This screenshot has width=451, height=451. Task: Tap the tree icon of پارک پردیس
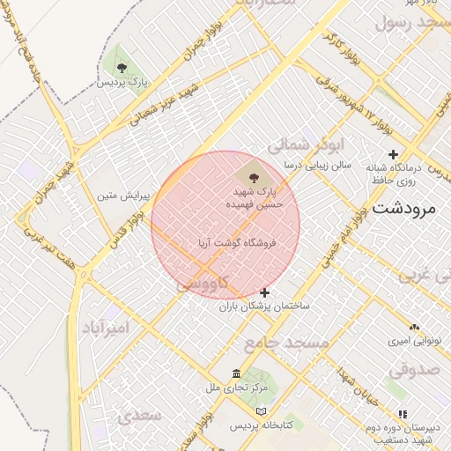click(x=122, y=67)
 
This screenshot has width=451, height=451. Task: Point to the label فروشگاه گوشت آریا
click(x=237, y=240)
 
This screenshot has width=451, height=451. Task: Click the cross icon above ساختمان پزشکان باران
click(x=264, y=292)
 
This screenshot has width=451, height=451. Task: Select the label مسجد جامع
click(x=286, y=341)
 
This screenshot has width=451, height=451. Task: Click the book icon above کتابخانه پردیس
click(x=259, y=411)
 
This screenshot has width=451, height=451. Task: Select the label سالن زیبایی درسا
click(x=317, y=165)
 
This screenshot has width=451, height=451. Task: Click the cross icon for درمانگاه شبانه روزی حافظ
click(x=393, y=155)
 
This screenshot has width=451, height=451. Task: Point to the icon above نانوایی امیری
click(x=414, y=327)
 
